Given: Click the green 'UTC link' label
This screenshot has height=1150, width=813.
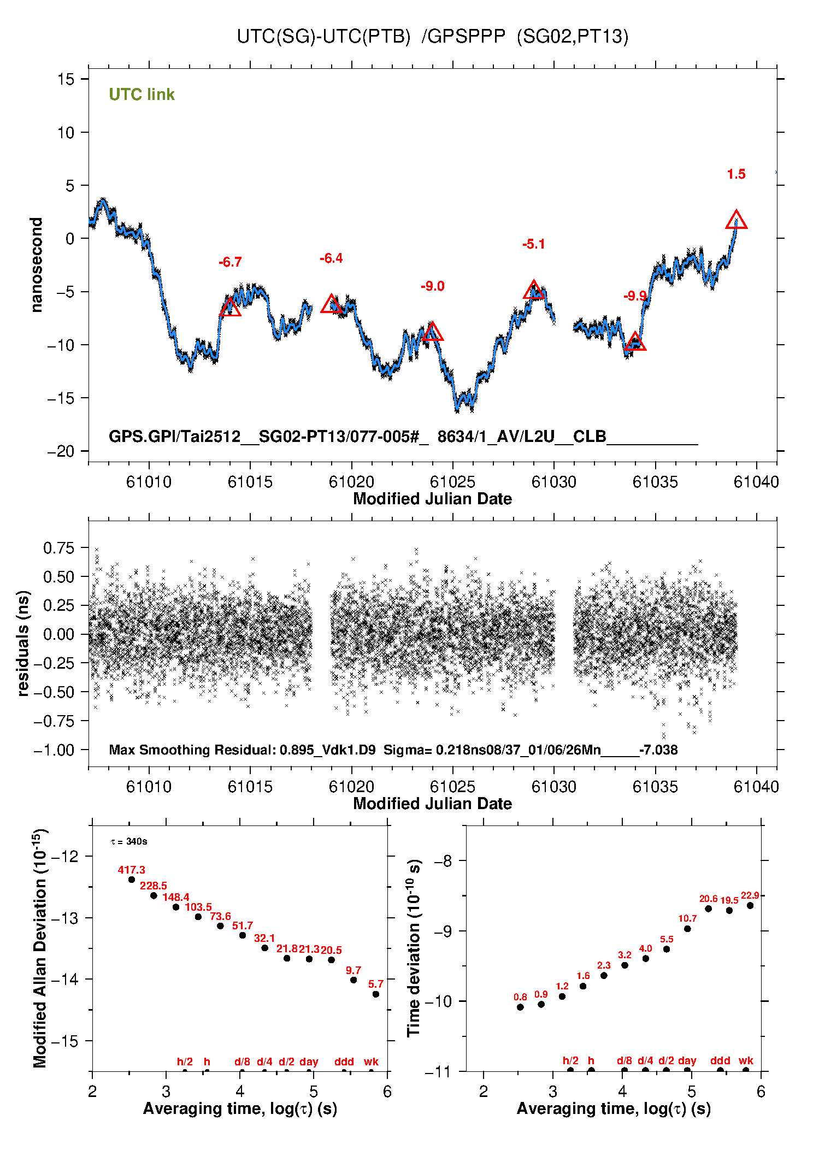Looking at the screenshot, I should point(142,95).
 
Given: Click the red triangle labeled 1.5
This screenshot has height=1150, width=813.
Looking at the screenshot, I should point(736,220).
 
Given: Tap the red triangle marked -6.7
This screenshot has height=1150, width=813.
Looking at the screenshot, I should point(230,308).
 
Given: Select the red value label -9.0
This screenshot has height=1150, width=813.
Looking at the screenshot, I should point(432,286).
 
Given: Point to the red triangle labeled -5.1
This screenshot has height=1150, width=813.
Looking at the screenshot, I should point(534,291).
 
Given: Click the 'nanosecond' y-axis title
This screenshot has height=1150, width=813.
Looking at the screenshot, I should point(36,265).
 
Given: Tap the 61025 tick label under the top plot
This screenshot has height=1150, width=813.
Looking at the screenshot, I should point(452,482).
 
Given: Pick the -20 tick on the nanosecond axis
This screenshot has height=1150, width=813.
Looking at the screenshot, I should point(61,451).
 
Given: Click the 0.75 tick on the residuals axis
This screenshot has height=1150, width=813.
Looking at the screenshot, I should point(58,548).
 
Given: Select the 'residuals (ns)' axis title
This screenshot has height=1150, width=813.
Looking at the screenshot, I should point(22,644).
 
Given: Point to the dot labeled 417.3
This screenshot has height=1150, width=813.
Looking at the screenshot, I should point(132,880).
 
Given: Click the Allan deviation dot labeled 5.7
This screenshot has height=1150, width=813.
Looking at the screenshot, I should point(376,994).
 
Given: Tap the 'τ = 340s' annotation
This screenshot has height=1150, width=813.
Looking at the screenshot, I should point(129,841).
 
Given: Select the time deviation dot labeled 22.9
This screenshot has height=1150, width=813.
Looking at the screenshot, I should point(750,905).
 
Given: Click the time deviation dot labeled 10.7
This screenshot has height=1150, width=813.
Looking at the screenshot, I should point(687,929).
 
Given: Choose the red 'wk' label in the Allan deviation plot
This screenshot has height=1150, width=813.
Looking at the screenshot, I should point(371,1061).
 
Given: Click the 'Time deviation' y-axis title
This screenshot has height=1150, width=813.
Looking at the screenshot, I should point(414,948).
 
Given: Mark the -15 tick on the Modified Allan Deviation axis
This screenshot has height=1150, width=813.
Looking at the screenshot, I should point(64,1041).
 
